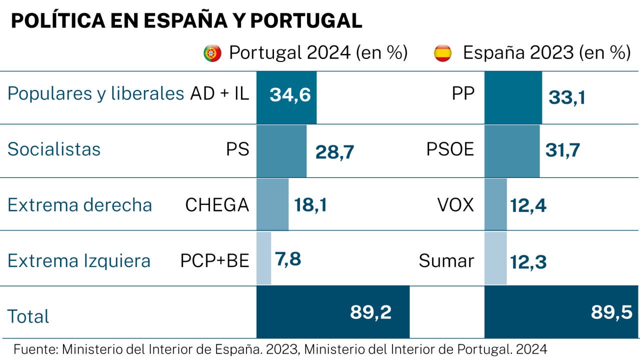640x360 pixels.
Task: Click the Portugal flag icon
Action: click(212, 53)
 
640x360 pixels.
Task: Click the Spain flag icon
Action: click(442, 53)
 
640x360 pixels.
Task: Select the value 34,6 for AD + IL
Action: click(290, 95)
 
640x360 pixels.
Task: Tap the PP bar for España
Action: click(513, 97)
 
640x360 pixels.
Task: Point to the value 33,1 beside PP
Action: click(566, 97)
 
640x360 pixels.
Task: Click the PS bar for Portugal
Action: click(281, 151)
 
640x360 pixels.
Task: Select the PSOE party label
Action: click(450, 149)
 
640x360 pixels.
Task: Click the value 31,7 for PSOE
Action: click(562, 149)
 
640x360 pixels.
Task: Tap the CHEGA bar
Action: click(272, 205)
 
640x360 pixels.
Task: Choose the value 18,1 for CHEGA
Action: click(310, 205)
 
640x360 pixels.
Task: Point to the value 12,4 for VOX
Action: click(528, 205)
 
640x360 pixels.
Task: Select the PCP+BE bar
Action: click(263, 258)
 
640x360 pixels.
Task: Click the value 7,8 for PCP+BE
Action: click(288, 259)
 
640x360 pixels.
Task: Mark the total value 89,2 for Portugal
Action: click(370, 312)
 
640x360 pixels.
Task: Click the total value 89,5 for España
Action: click(611, 312)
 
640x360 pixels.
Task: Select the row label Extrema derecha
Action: click(80, 205)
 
